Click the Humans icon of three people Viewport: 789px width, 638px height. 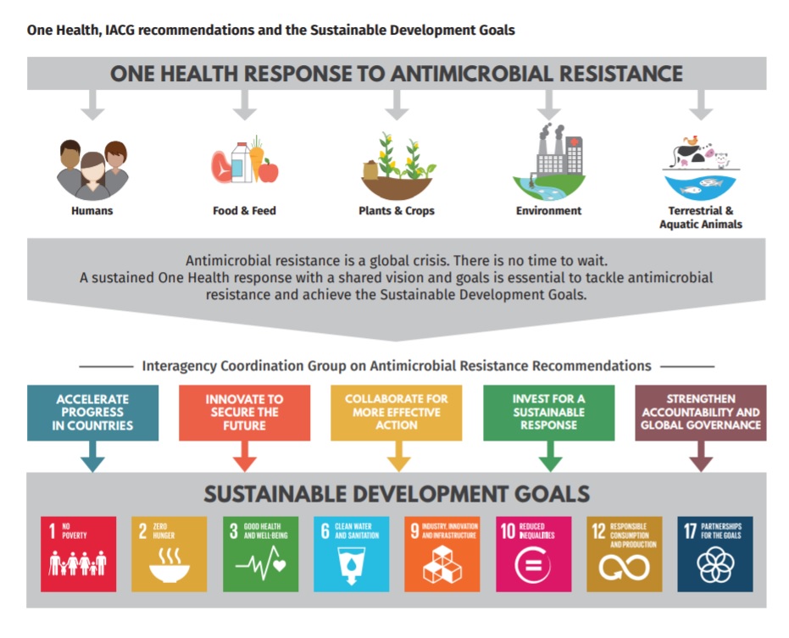point(92,169)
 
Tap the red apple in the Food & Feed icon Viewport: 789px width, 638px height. point(269,171)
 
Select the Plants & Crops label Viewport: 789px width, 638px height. point(397,211)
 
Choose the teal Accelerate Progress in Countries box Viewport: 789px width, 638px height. point(92,413)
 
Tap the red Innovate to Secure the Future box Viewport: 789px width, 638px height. point(245,413)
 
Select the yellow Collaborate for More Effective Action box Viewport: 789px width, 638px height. point(397,413)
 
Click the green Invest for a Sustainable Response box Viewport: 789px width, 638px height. point(549,413)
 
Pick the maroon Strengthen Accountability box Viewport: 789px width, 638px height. point(701,413)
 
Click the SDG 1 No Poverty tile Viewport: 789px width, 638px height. point(79,554)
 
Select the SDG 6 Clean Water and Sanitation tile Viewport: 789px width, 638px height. point(351,554)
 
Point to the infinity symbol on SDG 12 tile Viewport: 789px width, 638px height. point(624,568)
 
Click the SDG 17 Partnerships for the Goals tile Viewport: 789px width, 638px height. point(715,554)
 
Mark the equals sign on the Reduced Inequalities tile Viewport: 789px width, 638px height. point(533,565)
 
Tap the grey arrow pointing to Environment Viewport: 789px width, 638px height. point(549,105)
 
